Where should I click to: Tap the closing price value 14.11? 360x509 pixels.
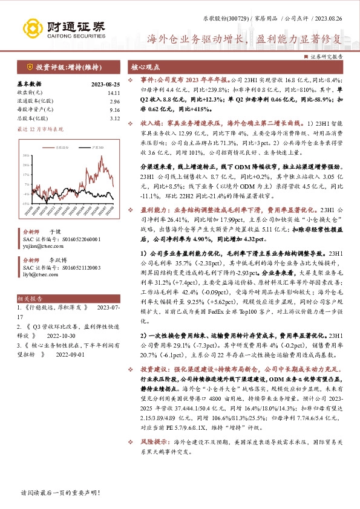coord(114,92)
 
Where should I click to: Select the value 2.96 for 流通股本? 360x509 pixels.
coord(115,102)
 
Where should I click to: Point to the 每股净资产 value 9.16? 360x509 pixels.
coord(115,110)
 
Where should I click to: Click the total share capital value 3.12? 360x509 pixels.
coord(115,118)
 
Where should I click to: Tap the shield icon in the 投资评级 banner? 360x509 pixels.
coord(29,67)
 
